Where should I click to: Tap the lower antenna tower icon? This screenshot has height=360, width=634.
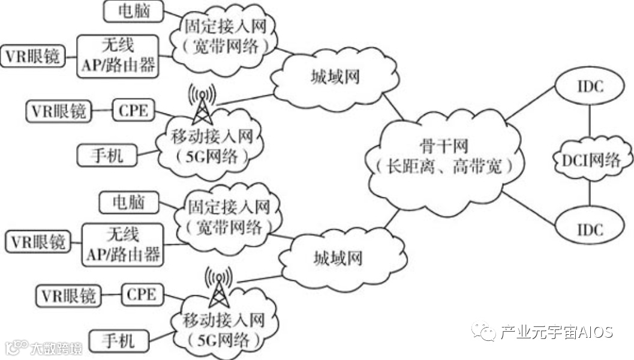pyautogui.click(x=219, y=287)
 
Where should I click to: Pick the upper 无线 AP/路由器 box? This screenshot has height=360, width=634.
pyautogui.click(x=118, y=55)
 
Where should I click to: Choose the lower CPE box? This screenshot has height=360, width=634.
pyautogui.click(x=142, y=294)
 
